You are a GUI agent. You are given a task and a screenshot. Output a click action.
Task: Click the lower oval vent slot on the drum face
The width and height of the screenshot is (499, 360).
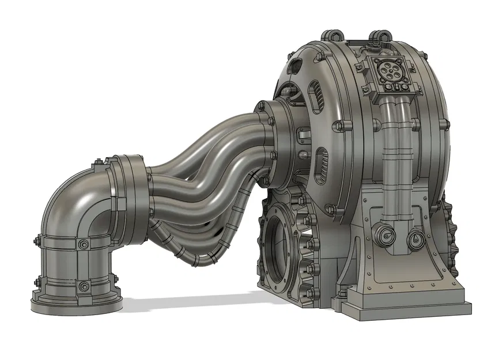[321, 161]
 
